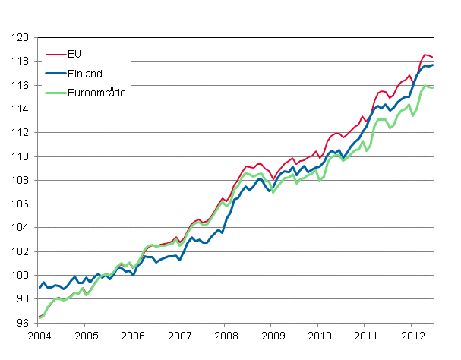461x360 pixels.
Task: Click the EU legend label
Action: coord(73,55)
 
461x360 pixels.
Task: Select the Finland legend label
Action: coord(84,73)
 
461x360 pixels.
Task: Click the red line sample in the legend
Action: coord(55,55)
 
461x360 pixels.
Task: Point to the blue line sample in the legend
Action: coord(55,73)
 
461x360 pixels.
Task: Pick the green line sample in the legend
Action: coord(55,91)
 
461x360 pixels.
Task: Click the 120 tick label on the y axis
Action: coord(21,37)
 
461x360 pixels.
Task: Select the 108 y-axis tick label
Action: coord(21,180)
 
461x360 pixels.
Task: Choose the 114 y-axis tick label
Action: coord(21,109)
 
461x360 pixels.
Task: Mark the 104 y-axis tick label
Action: coord(21,228)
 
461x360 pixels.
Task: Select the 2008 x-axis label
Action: coord(226,336)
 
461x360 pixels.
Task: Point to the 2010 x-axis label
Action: coord(319,336)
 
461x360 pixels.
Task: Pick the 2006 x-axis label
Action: coord(132,336)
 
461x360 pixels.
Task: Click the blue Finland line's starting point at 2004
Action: coord(39,287)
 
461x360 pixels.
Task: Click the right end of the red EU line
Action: coord(434,58)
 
